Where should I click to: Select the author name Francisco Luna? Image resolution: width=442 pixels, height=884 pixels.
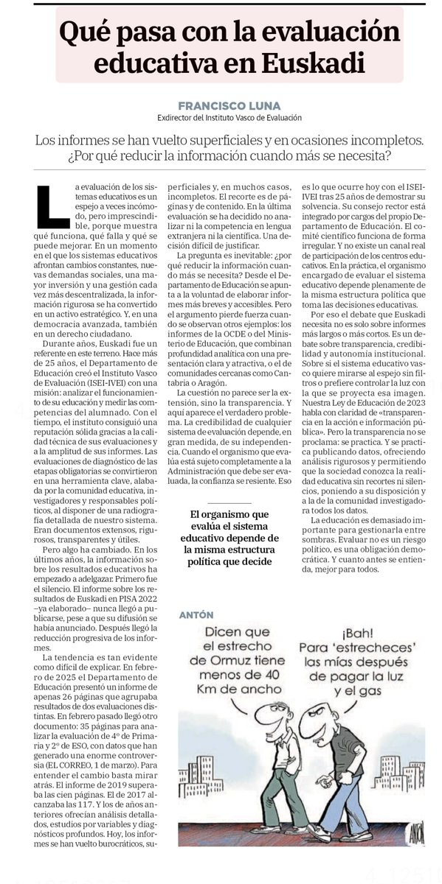pyautogui.click(x=221, y=105)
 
